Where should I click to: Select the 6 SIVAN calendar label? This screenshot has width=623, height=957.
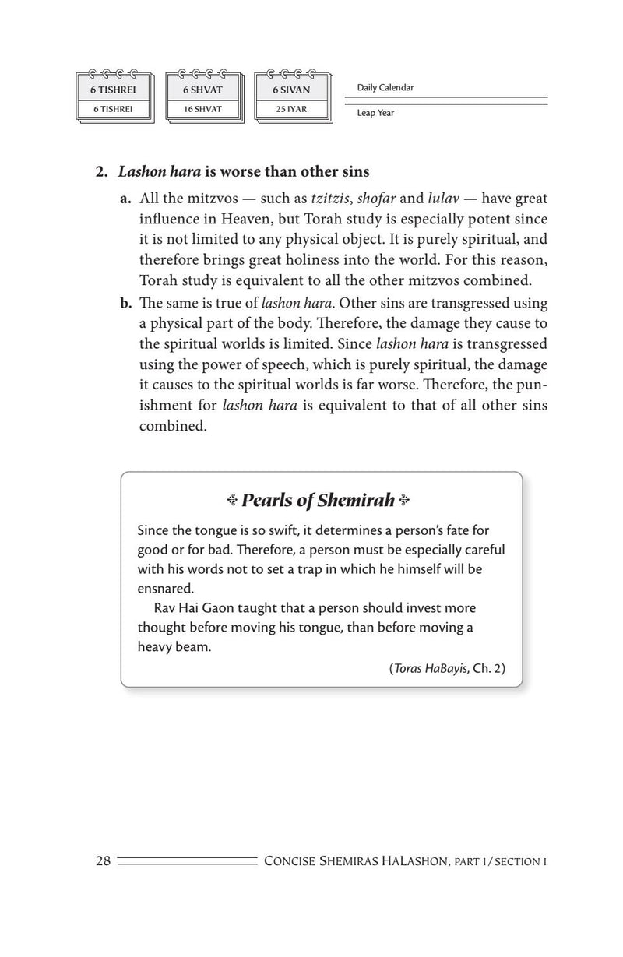click(x=291, y=90)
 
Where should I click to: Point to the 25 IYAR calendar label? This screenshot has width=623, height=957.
click(x=291, y=109)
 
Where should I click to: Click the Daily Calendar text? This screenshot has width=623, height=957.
click(x=385, y=87)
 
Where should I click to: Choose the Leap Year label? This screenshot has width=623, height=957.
click(x=375, y=113)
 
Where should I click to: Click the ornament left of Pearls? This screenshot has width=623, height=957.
click(x=233, y=501)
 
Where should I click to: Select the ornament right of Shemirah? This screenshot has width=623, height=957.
click(x=403, y=501)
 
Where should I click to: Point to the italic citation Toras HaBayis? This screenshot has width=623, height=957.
click(x=431, y=667)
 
